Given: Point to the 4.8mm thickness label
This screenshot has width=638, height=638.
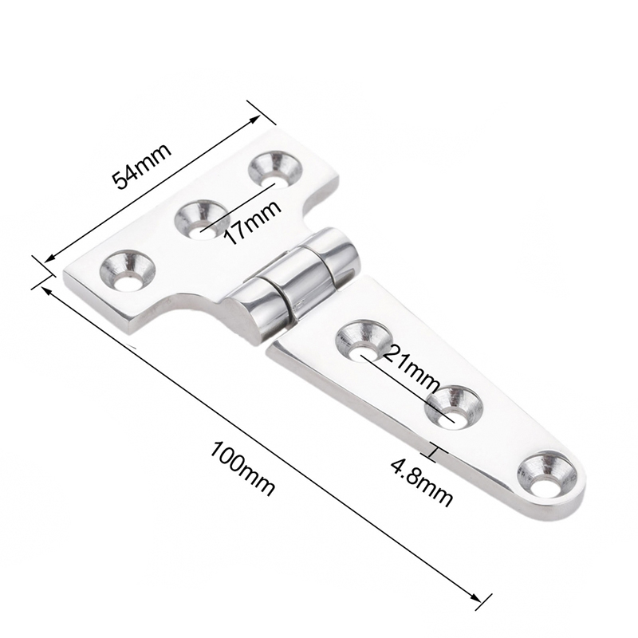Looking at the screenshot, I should (x=423, y=486).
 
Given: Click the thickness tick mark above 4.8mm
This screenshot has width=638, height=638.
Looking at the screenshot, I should (x=435, y=453).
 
